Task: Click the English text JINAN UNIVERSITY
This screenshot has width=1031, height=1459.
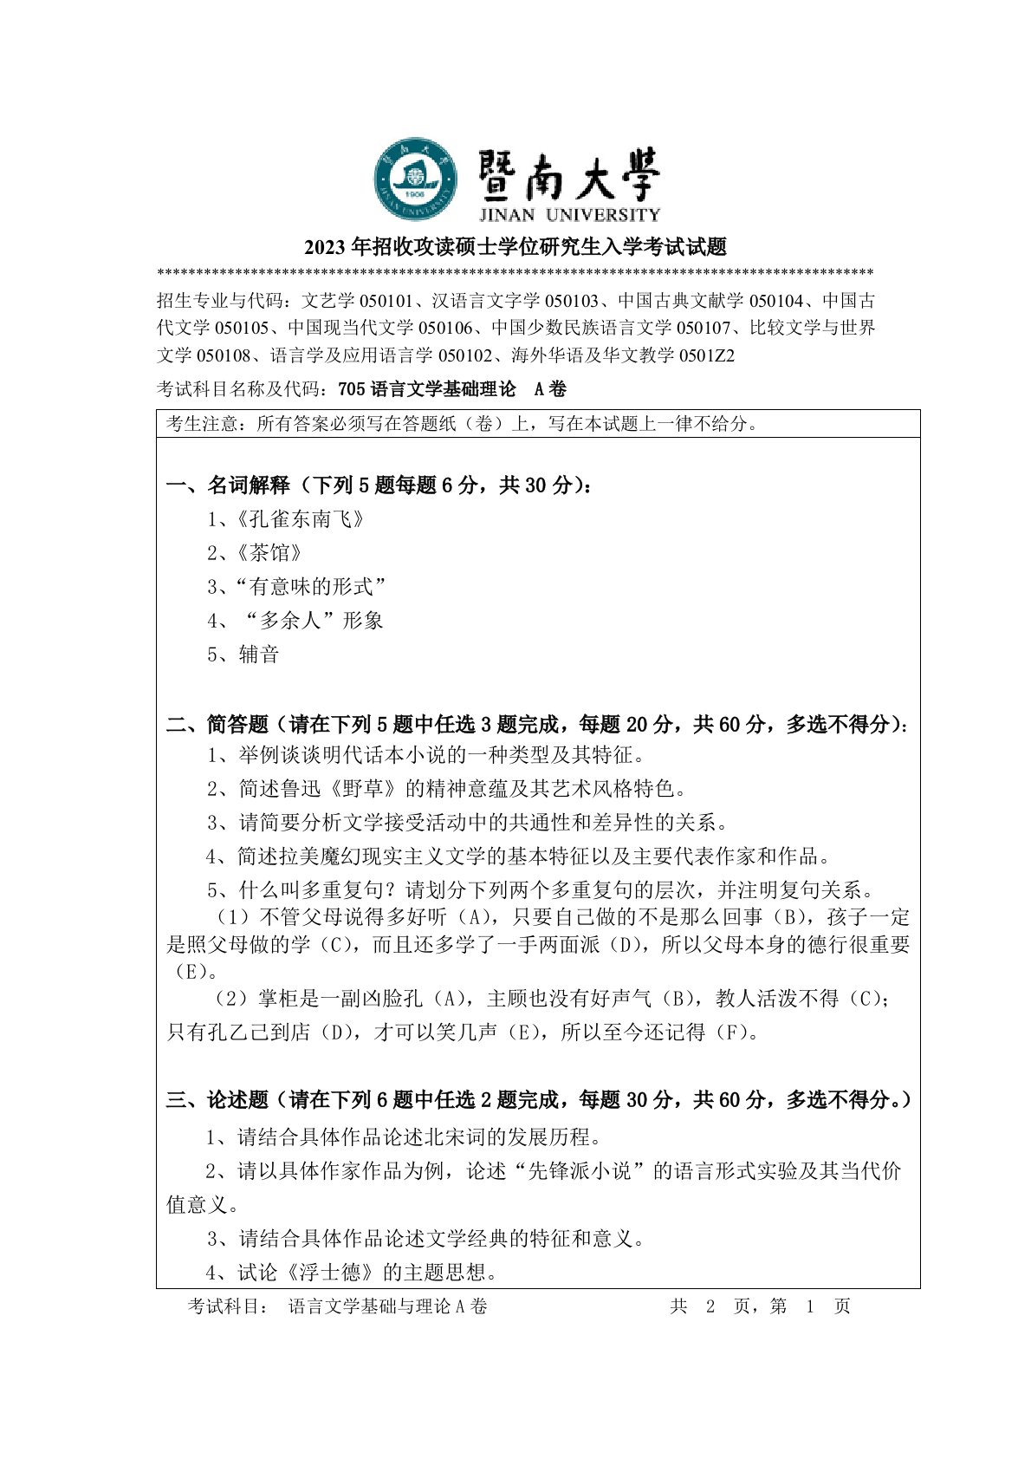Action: pos(568,214)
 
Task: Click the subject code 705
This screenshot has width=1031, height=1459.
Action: pos(352,389)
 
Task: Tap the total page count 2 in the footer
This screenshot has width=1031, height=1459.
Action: pos(710,1306)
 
